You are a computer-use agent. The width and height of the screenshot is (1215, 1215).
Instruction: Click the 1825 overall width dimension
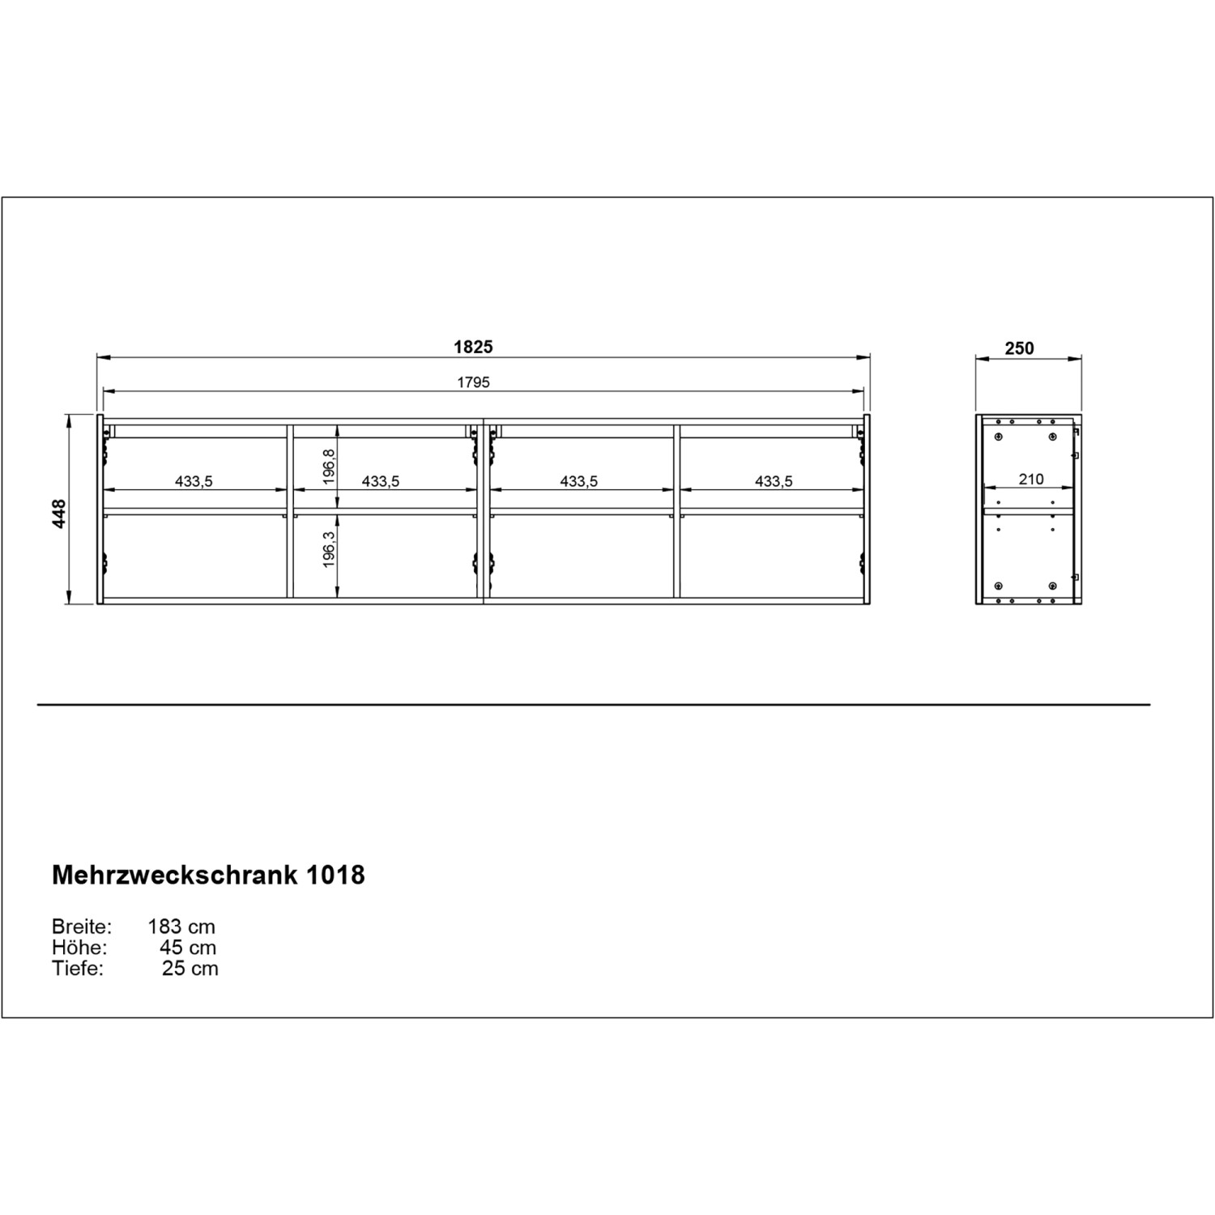click(473, 347)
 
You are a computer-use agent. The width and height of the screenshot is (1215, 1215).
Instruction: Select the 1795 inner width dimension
click(473, 382)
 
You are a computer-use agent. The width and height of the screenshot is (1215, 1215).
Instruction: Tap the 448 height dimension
click(59, 514)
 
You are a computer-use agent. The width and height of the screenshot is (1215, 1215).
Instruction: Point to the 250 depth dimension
click(1019, 348)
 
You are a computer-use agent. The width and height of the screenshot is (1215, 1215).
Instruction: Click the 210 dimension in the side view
click(1030, 479)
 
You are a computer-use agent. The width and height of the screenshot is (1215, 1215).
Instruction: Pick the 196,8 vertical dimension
click(329, 467)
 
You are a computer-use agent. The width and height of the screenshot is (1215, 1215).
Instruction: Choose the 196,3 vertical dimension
click(329, 550)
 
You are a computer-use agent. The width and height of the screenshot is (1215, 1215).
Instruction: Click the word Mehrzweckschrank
click(169, 876)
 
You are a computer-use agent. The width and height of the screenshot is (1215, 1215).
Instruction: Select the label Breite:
click(82, 927)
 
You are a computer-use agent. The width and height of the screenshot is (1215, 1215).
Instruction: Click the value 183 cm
click(181, 927)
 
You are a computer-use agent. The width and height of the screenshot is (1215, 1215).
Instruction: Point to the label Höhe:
click(79, 948)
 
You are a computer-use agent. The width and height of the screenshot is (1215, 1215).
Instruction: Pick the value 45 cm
click(188, 948)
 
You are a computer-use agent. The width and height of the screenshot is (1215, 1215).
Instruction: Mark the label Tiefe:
click(78, 969)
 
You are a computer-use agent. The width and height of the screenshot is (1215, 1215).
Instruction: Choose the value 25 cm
click(190, 969)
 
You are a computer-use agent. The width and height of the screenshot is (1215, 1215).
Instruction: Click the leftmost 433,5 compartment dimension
click(194, 481)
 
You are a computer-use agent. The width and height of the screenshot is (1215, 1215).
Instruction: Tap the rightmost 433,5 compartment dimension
click(774, 481)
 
